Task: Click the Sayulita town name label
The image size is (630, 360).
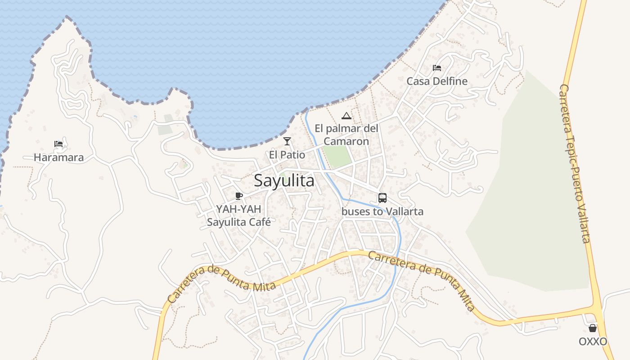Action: coord(284,180)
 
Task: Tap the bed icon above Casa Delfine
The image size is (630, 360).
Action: coord(436,68)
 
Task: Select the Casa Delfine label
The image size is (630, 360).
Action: coord(436,81)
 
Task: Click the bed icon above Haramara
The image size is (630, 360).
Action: coord(58,144)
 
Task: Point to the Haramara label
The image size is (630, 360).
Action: coord(58,157)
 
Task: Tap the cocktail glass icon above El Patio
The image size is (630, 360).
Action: coord(287,141)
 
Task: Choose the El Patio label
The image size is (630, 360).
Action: coord(287,155)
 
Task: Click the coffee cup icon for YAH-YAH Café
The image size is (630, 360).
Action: coord(239,196)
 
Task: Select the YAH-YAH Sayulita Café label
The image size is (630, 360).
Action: coord(238,215)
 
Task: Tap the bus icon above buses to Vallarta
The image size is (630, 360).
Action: coord(382,198)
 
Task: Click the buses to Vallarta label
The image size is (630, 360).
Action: coord(382,211)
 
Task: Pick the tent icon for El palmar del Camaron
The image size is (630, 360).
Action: coord(346,116)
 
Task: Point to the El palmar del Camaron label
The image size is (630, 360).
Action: coord(346,135)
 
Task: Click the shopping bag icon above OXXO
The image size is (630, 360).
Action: coord(593,328)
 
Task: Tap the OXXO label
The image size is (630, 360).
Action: coord(593,342)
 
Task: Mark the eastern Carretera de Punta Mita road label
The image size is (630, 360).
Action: coord(422,280)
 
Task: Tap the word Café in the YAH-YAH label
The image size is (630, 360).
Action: coord(258,222)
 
